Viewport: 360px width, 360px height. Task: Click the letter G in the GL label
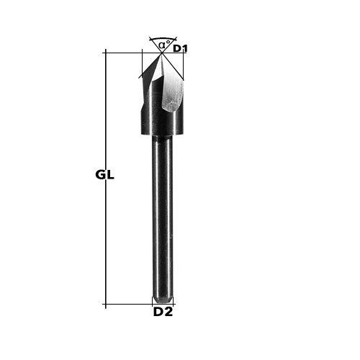tap(101, 175)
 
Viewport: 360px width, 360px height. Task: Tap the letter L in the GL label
tap(110, 175)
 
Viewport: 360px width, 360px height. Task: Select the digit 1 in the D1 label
tap(184, 49)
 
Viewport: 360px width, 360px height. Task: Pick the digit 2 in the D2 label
tap(168, 312)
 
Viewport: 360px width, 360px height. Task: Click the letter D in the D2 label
tap(158, 312)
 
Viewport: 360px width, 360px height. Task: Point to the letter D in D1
tap(177, 49)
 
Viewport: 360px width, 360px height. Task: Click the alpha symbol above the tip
tap(162, 45)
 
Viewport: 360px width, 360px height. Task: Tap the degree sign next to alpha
tap(168, 42)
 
